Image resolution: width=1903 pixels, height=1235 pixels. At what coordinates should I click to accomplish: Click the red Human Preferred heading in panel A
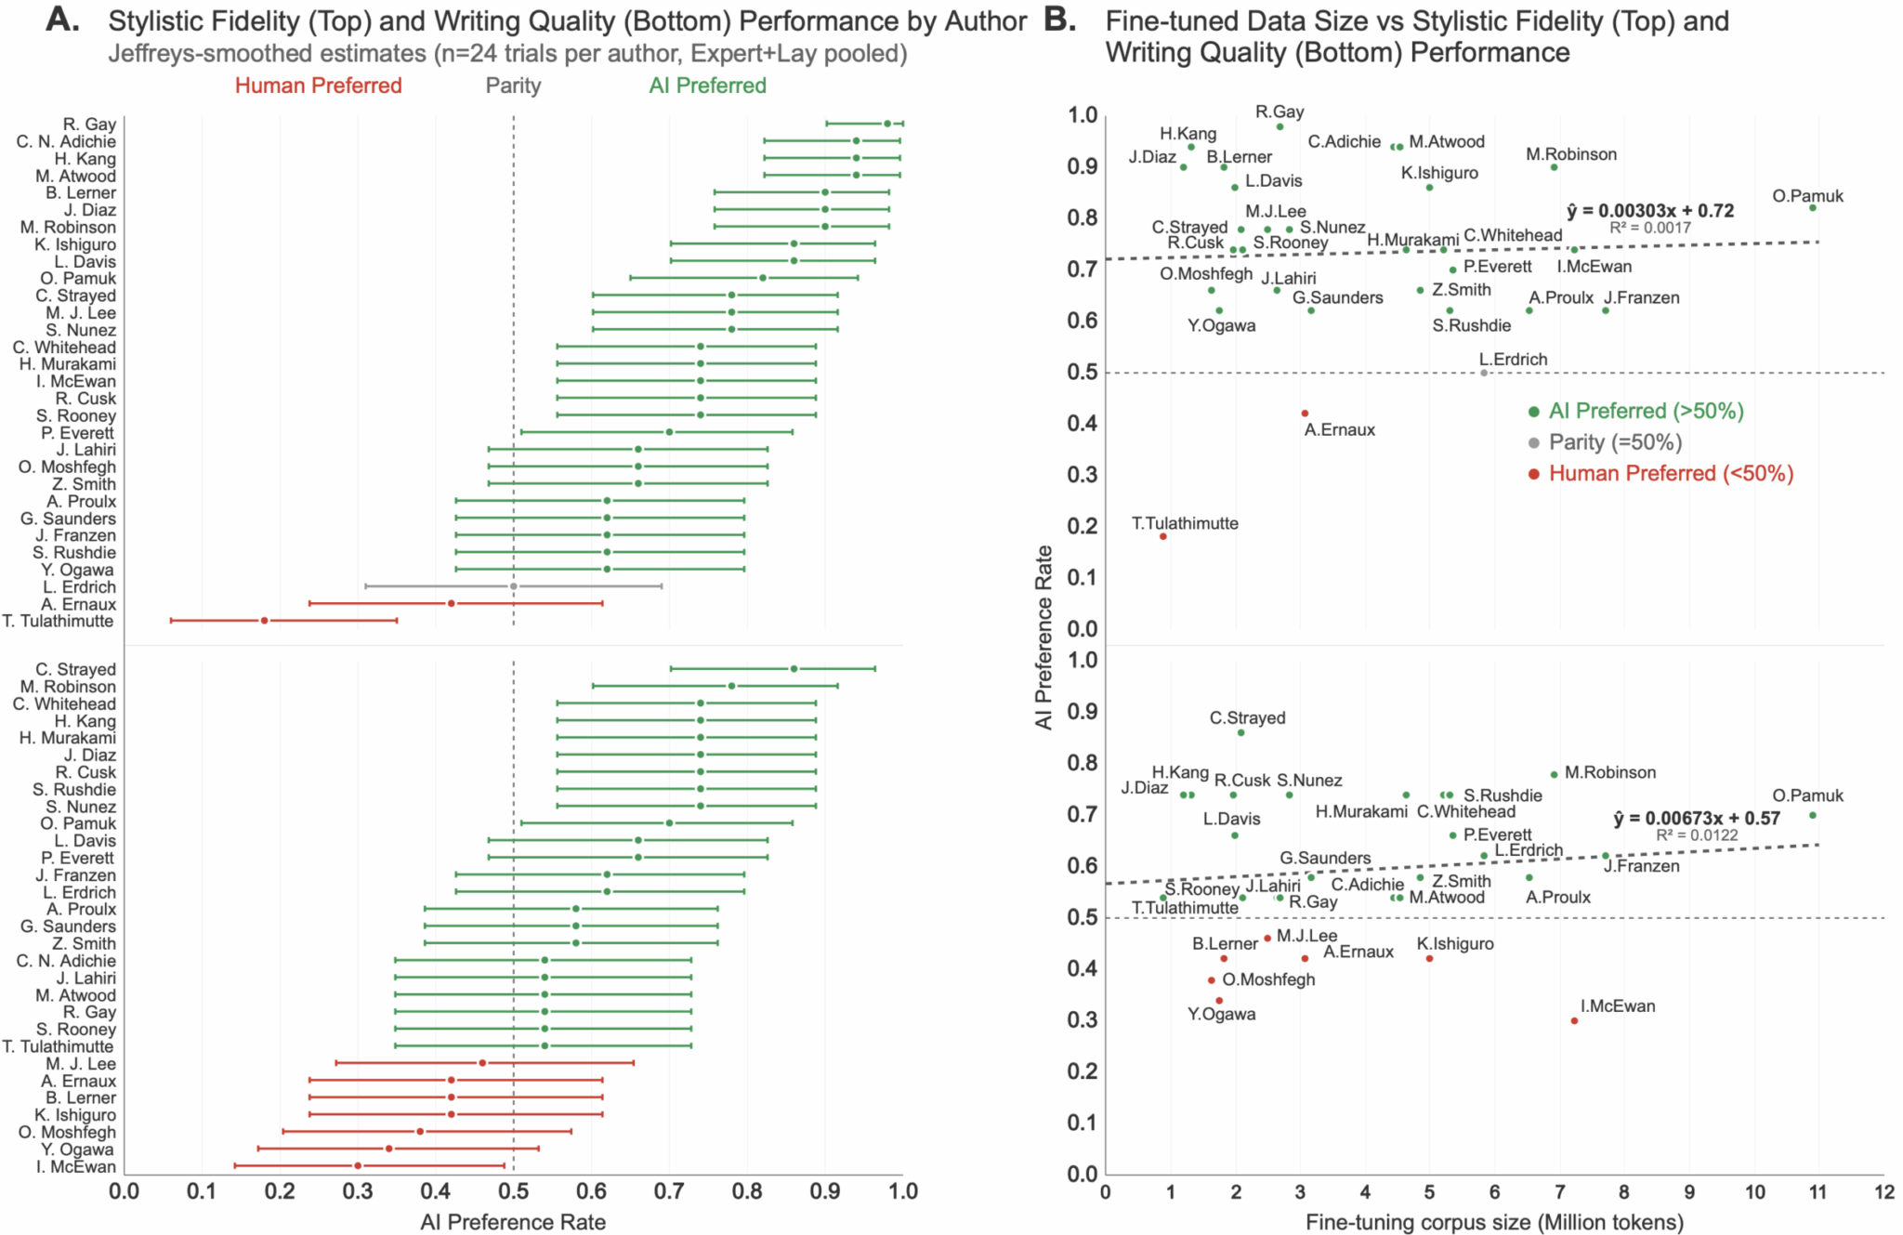click(x=318, y=85)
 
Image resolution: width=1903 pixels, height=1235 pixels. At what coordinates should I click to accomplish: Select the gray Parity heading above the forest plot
click(x=513, y=85)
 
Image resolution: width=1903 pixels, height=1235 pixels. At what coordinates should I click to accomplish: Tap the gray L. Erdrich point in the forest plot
click(x=513, y=586)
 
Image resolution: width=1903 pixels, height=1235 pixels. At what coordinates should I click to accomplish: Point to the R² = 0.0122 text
click(x=1696, y=835)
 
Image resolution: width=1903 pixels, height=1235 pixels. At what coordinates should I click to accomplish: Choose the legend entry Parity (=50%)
click(x=1615, y=442)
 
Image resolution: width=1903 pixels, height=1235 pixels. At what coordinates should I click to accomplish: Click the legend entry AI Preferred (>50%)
click(x=1646, y=411)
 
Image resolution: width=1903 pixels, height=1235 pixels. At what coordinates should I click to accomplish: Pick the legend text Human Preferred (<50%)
click(x=1671, y=474)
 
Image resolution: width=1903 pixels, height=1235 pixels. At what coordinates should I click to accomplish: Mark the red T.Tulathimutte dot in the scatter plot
click(x=1162, y=536)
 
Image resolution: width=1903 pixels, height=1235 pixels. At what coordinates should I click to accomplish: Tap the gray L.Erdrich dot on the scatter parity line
click(x=1484, y=373)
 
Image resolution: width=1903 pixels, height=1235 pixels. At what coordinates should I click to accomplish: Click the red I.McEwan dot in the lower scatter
click(x=1574, y=1020)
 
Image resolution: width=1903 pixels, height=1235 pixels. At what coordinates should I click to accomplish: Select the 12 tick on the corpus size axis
click(x=1883, y=1192)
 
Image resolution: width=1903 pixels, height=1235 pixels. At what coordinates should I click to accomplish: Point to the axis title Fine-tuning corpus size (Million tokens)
click(x=1494, y=1222)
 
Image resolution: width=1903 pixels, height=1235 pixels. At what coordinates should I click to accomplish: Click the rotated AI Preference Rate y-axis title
click(x=1044, y=637)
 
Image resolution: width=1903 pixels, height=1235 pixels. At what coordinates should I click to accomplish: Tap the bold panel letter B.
click(x=1059, y=20)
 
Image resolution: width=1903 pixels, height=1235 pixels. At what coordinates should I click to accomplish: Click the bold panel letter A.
click(x=62, y=20)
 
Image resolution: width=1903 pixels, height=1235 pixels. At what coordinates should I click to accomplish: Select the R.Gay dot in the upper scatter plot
click(x=1280, y=127)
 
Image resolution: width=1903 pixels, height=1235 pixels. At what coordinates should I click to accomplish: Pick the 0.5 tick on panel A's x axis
click(x=513, y=1192)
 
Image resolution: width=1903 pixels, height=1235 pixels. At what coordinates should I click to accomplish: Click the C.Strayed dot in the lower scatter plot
click(x=1240, y=733)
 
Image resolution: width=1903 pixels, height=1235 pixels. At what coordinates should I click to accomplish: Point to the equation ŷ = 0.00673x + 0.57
click(x=1697, y=819)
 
